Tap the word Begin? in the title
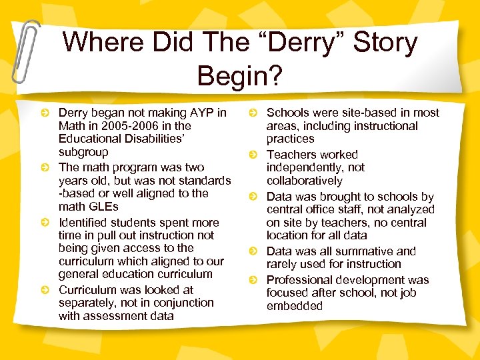(x=240, y=75)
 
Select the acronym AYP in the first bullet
(x=199, y=113)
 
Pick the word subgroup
(x=83, y=152)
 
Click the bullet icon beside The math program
(x=45, y=168)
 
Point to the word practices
(x=290, y=139)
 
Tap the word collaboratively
(x=304, y=181)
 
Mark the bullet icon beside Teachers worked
(x=253, y=155)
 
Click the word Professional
(x=299, y=280)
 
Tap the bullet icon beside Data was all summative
(x=253, y=252)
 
